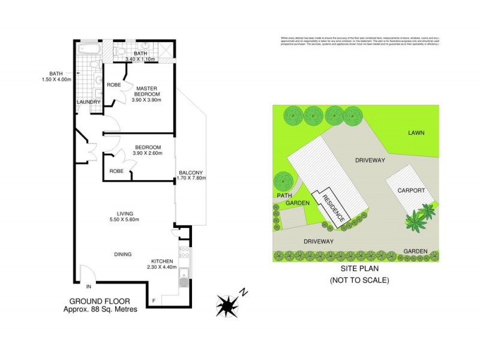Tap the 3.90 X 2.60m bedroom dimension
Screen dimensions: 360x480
147,154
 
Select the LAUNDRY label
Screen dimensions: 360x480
88,102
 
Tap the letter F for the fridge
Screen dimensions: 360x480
154,299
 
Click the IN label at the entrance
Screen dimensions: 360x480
88,286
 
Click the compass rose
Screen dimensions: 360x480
227,304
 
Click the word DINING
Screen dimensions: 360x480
122,254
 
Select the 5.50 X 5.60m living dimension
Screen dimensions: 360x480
125,220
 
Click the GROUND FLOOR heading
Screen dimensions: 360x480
100,301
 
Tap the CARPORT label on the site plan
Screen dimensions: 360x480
411,190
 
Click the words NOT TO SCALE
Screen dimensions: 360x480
360,280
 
